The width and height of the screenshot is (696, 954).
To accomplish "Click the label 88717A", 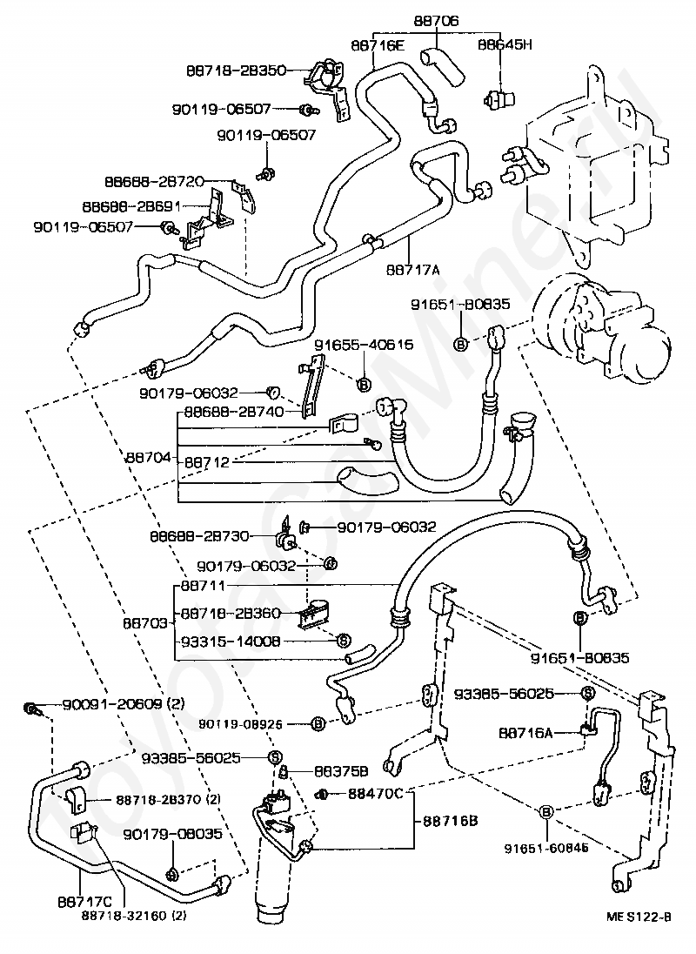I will pos(413,269).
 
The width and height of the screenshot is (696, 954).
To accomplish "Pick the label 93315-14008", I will pos(231,641).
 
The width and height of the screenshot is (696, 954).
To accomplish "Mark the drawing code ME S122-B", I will pos(639,916).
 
